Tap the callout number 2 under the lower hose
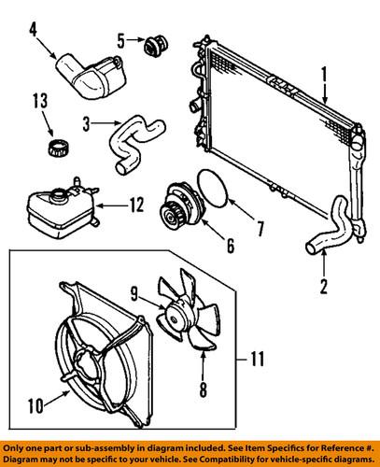[323, 286]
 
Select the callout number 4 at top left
[34, 40]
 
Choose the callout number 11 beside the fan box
[256, 357]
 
